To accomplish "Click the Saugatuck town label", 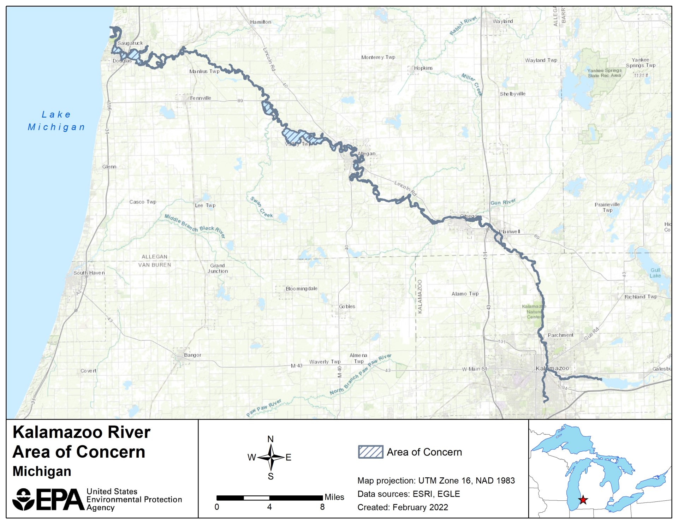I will pos(130,43).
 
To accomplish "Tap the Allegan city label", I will pos(367,154).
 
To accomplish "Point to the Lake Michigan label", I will pos(56,121).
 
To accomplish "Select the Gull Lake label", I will pos(655,273).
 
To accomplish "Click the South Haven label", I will pos(89,273).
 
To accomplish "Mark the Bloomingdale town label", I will pos(301,288).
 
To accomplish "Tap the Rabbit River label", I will pos(463,25).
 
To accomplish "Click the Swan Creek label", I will pos(261,207).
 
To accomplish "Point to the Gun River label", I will pos(503,202).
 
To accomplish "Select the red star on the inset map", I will pos(583,500).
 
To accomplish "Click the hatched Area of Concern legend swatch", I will pos(370,452).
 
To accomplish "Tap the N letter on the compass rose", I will pos(270,439).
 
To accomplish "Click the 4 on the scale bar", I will pos(269,507).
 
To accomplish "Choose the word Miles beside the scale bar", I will pos(334,497).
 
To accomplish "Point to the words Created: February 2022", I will pos(403,507).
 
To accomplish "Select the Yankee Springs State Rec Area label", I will pos(604,73).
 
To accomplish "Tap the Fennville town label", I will pos(200,98).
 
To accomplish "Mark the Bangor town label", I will pos(192,355).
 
